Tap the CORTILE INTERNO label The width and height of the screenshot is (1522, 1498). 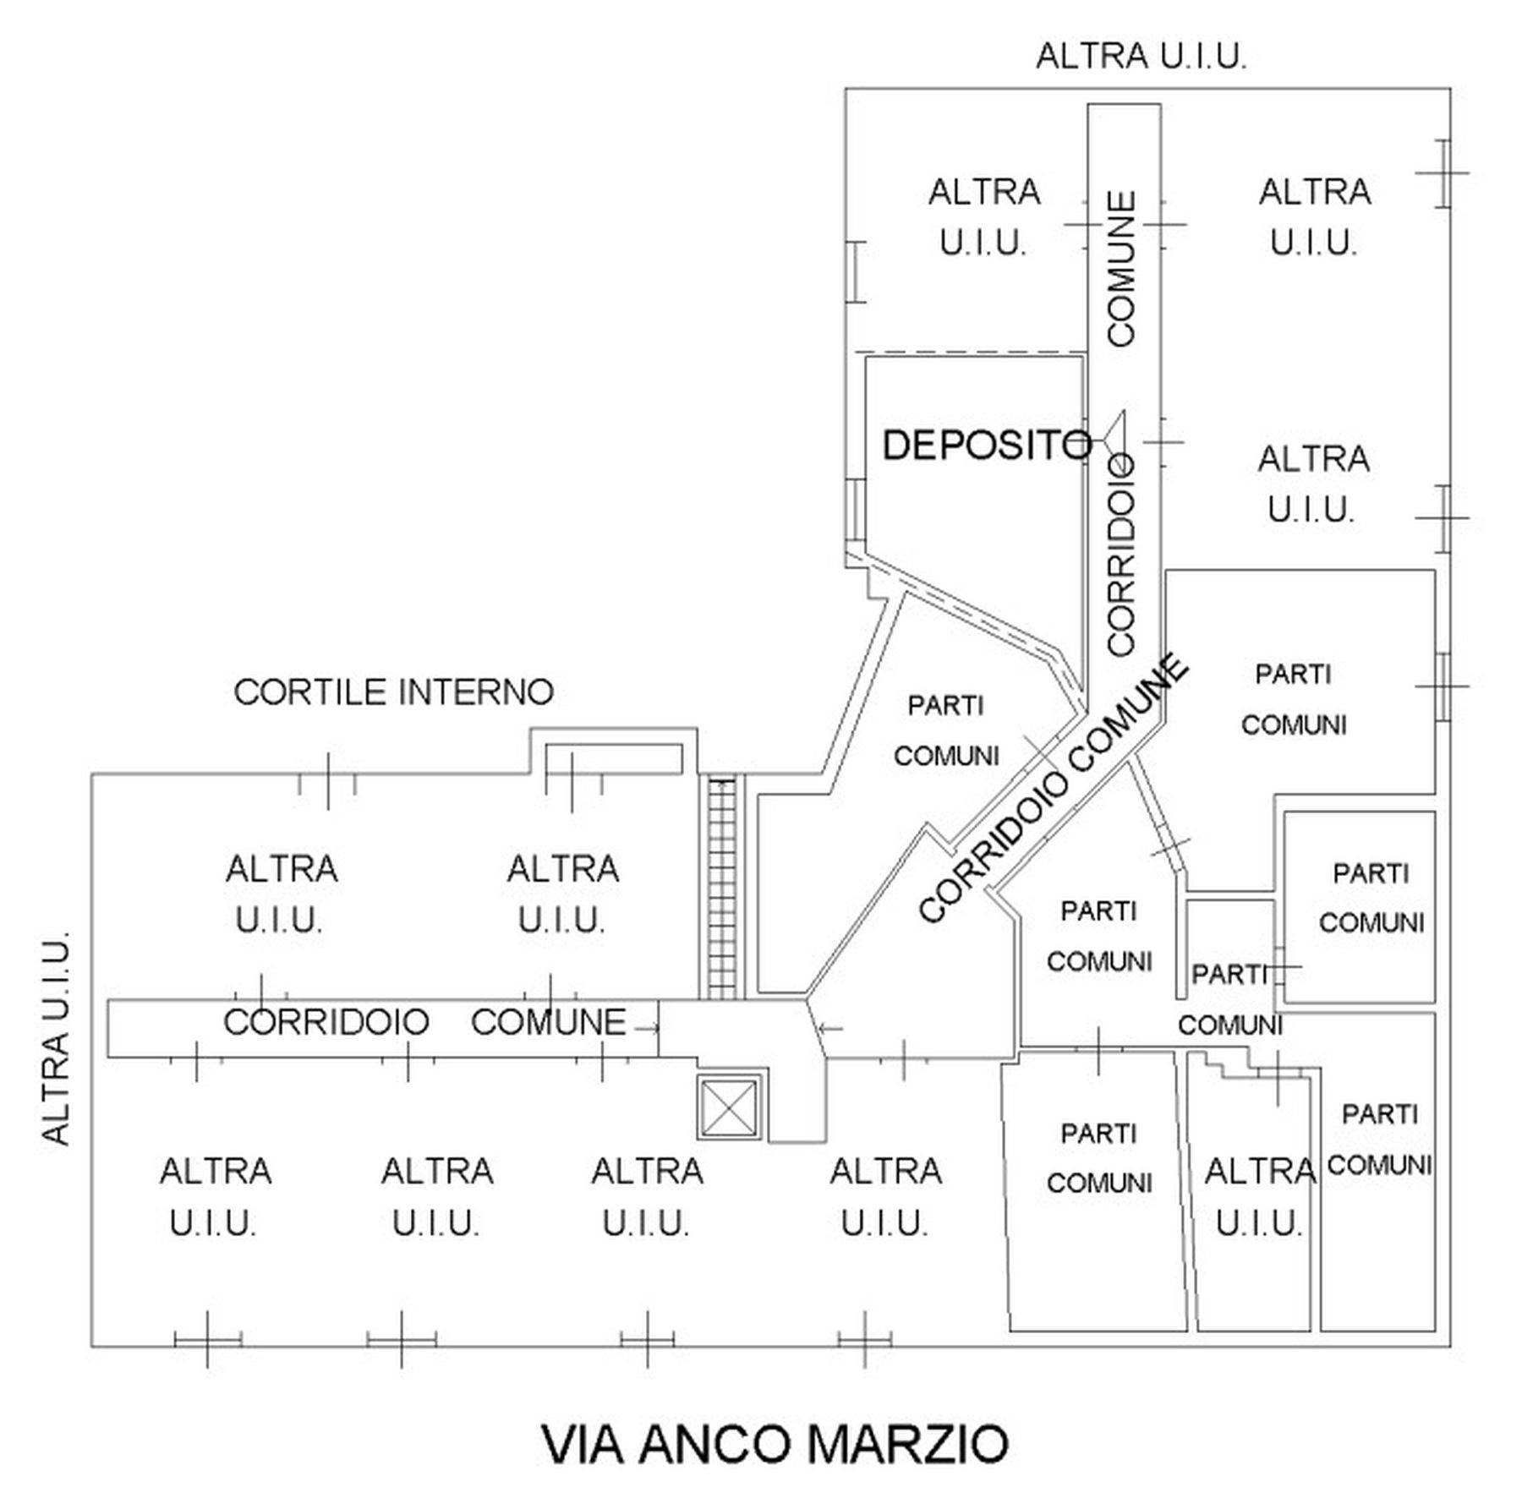393,692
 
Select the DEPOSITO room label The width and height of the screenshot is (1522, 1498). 986,445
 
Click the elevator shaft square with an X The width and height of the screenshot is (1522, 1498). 729,1107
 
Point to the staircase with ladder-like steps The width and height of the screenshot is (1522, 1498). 721,888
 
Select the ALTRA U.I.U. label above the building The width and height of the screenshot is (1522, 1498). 1141,57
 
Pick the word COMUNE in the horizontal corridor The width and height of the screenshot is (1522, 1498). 548,1023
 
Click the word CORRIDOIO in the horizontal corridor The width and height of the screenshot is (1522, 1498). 326,1023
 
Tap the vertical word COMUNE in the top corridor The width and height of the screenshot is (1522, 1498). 1122,269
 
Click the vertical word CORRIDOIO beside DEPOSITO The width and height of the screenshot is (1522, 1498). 1122,555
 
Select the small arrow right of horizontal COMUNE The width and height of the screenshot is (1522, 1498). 647,1029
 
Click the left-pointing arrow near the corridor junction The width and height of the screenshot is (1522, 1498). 830,1029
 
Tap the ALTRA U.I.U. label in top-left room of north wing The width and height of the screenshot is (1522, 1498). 983,217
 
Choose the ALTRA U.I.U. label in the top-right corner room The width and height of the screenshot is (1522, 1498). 1314,217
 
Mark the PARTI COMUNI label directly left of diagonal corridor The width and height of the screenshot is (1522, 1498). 946,730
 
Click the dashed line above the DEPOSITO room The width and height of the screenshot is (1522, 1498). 970,352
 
